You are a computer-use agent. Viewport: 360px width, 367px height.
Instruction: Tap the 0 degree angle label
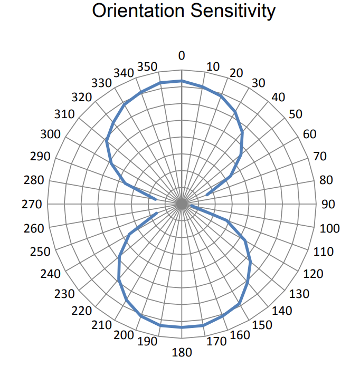(x=182, y=55)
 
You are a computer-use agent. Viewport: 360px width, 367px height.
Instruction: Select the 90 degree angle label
(x=328, y=205)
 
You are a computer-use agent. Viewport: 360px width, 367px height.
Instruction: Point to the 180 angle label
(x=182, y=352)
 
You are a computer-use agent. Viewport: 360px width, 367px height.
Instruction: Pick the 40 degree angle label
(x=278, y=97)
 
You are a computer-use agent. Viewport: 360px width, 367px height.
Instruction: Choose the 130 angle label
(x=299, y=294)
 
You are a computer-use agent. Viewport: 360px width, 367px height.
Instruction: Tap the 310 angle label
(x=64, y=114)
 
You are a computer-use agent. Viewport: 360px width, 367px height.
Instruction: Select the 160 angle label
(x=240, y=335)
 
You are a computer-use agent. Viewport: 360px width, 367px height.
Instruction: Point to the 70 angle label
(x=320, y=156)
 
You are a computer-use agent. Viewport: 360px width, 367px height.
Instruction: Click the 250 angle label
(x=41, y=252)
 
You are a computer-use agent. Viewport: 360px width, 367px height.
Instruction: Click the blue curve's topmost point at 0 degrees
(x=182, y=81)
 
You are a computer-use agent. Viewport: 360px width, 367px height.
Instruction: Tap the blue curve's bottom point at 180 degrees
(x=182, y=327)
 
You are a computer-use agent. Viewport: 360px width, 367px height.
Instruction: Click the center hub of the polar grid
(x=182, y=205)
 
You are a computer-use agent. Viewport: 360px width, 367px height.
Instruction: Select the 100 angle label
(x=330, y=229)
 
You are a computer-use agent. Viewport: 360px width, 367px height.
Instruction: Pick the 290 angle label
(x=41, y=157)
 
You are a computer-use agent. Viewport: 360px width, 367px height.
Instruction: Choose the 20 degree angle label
(x=236, y=73)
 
